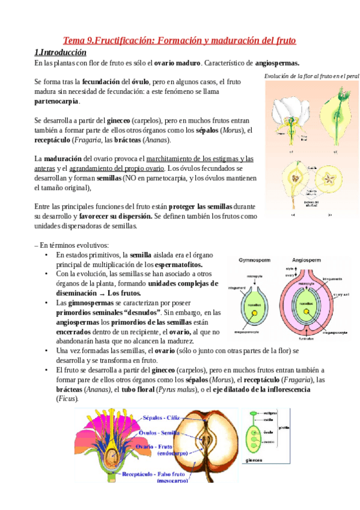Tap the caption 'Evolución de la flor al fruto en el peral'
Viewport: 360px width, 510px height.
311,76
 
